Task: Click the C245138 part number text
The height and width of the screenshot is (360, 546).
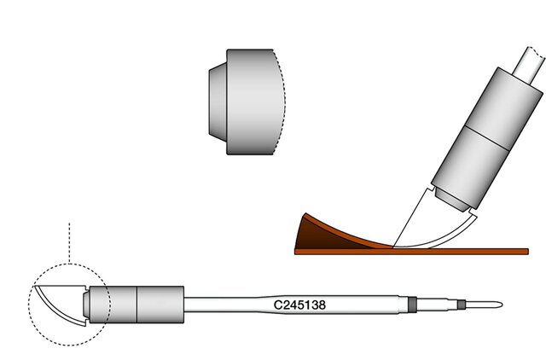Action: point(299,305)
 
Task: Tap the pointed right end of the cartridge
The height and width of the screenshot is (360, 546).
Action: point(502,305)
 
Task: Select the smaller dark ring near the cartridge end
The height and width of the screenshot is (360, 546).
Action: point(462,305)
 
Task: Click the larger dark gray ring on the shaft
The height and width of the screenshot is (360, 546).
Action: point(412,305)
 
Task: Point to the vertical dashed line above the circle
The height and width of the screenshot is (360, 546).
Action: point(69,243)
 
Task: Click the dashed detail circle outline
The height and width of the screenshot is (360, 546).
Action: point(28,305)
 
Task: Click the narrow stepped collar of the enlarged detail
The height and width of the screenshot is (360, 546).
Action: point(218,102)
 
